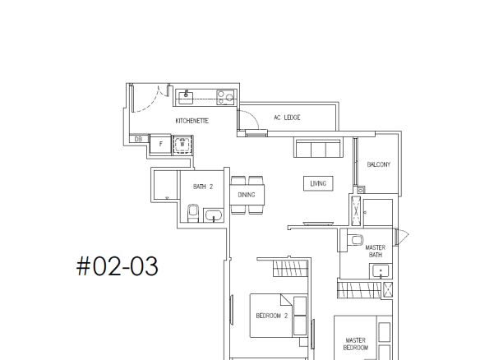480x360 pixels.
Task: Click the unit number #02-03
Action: [118, 266]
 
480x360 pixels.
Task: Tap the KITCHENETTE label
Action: [192, 121]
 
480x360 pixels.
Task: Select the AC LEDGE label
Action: [287, 118]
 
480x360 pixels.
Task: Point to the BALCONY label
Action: [379, 164]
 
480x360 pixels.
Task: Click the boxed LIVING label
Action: [318, 183]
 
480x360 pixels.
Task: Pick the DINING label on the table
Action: [247, 195]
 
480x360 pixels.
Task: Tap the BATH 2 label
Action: [203, 187]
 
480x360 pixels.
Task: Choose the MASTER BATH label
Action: [376, 251]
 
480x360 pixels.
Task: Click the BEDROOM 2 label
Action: [272, 316]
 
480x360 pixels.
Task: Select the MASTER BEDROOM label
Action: [356, 344]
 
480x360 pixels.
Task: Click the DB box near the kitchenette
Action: [138, 139]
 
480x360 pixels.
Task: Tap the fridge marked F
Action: [161, 144]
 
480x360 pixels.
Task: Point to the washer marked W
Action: [182, 145]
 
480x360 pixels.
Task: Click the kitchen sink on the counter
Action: [186, 97]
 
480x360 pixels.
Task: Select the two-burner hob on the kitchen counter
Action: [225, 97]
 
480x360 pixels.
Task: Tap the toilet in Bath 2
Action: [193, 213]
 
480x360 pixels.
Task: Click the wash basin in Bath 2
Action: [214, 215]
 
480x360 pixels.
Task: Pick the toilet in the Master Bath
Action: [355, 240]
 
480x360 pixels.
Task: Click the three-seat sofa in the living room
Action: [318, 148]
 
